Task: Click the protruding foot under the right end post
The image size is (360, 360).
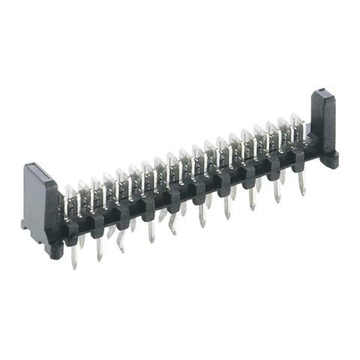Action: [329, 160]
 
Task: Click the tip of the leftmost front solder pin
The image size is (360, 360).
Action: [74, 265]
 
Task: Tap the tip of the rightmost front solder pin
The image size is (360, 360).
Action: [302, 192]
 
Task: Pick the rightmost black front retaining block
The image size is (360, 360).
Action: [298, 159]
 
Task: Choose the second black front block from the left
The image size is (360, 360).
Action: [97, 223]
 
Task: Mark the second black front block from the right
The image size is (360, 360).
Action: [274, 167]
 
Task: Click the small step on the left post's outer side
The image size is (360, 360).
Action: [25, 223]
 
